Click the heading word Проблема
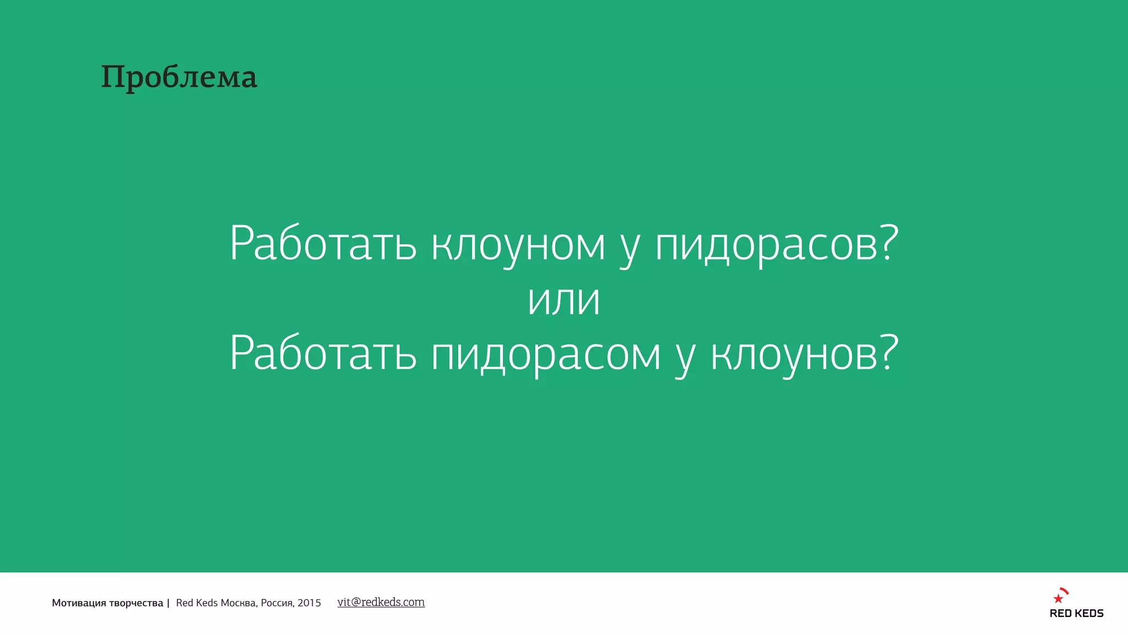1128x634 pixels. click(179, 77)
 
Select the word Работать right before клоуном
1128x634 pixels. click(323, 243)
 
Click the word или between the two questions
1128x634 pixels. click(563, 300)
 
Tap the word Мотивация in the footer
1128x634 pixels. click(78, 603)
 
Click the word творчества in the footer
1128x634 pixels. click(136, 603)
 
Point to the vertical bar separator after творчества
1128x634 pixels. click(168, 603)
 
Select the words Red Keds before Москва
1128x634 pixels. click(197, 603)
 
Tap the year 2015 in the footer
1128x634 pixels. click(310, 603)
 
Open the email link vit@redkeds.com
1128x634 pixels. click(381, 602)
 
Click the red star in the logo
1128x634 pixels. click(1058, 599)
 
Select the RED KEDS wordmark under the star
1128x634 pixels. click(1076, 614)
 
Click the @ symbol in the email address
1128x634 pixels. click(356, 602)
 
